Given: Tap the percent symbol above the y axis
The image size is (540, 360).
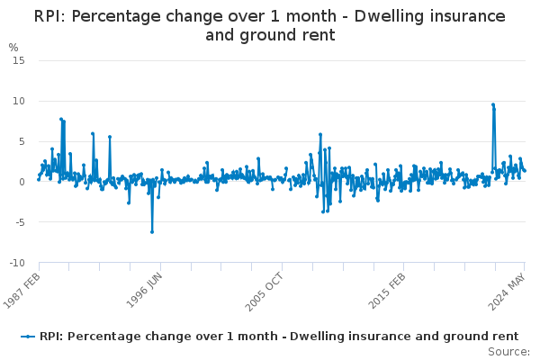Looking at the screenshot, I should coord(13,47).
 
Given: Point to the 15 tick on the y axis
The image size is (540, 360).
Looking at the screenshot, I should coord(19,60).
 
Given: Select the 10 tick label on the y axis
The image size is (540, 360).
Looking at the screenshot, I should coord(19,101).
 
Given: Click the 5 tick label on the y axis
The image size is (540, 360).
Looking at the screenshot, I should coord(22,141).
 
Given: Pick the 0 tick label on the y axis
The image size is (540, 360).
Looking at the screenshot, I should coord(22,182).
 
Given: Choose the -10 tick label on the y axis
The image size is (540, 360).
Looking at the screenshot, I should coord(16,263).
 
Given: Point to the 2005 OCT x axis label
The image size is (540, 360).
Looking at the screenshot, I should coord(267,290).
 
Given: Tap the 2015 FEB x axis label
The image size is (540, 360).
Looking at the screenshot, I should coord(390,290).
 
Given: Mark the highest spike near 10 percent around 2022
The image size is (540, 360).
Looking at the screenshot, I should coord(493,104).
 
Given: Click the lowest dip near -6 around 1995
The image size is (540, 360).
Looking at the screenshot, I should coord(152,231).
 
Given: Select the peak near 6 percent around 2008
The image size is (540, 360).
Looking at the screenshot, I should coord(319,134).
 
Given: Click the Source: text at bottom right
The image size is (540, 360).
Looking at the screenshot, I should coord(508,351).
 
